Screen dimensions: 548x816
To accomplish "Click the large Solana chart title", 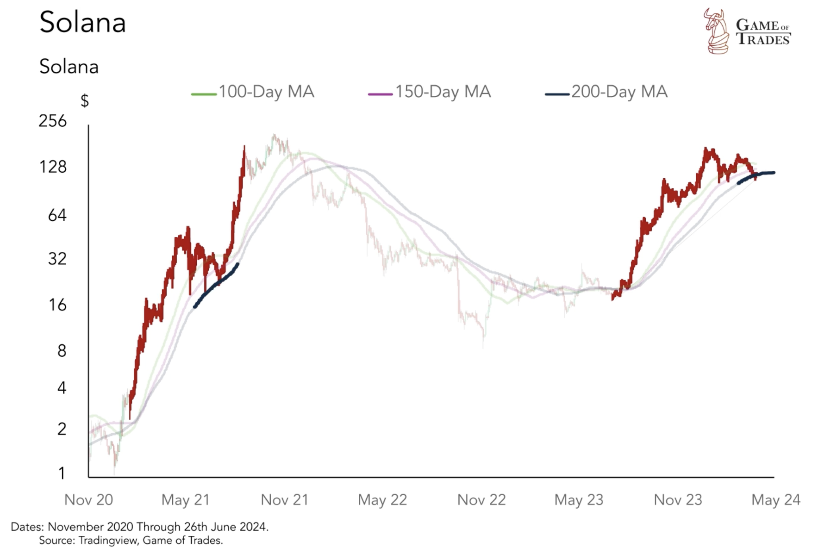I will pos(83,22).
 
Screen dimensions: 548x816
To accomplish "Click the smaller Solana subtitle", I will pos(69,66).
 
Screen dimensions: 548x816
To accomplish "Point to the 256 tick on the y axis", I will pos(52,121).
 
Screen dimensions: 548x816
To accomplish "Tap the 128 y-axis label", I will pos(52,167).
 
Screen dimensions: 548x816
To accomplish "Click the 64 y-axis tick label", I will pos(57,215).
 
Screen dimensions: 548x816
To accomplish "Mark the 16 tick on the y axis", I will pos(57,305).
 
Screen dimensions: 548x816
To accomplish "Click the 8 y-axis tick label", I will pos(62,351).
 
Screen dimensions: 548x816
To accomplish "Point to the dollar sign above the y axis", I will pos(85,100).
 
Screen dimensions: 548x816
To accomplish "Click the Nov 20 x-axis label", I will pos(89,500).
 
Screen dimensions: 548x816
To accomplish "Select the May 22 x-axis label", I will pos(382,500).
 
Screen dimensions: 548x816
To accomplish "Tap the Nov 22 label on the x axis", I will pos(481,500).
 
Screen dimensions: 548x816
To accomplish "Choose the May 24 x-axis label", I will pos(776,500).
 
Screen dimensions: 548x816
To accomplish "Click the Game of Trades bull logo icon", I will pos(717,31).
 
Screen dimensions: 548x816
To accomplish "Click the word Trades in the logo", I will pos(763,39).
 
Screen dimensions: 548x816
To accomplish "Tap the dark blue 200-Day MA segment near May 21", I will pos(216,283).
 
